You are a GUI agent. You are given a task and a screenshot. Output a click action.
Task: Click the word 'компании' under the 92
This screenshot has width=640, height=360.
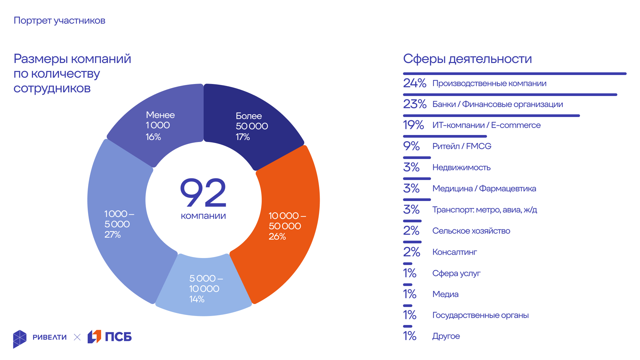coord(203,216)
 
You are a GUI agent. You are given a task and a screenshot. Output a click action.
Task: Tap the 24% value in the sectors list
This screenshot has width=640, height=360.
coord(415,83)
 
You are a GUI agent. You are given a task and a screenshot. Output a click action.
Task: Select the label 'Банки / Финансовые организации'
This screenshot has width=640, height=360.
coord(497,104)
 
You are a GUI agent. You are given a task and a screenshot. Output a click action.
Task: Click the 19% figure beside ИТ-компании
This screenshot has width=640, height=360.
coord(413,125)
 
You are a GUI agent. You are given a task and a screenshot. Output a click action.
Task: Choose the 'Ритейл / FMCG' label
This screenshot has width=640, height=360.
coord(462,146)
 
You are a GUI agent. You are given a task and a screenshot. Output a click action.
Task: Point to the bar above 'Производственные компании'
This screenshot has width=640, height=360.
coord(515,74)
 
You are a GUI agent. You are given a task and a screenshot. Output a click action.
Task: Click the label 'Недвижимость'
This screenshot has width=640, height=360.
coord(461,167)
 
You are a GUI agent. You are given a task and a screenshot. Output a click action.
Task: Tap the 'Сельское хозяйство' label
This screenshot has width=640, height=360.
coord(471,231)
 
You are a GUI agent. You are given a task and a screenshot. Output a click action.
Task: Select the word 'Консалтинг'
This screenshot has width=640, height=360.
coord(454,252)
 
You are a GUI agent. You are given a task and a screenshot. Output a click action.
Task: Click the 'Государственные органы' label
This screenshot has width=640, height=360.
coord(480,315)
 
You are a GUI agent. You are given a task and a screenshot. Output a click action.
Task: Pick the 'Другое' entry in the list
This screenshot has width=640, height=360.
coord(446,336)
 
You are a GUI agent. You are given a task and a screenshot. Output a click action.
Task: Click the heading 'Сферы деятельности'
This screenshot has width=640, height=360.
coord(467,59)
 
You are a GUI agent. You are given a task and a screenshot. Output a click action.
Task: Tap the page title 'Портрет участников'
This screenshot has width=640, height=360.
coord(59,21)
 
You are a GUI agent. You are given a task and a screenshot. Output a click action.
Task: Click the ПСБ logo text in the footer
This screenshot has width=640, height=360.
coord(118,337)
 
